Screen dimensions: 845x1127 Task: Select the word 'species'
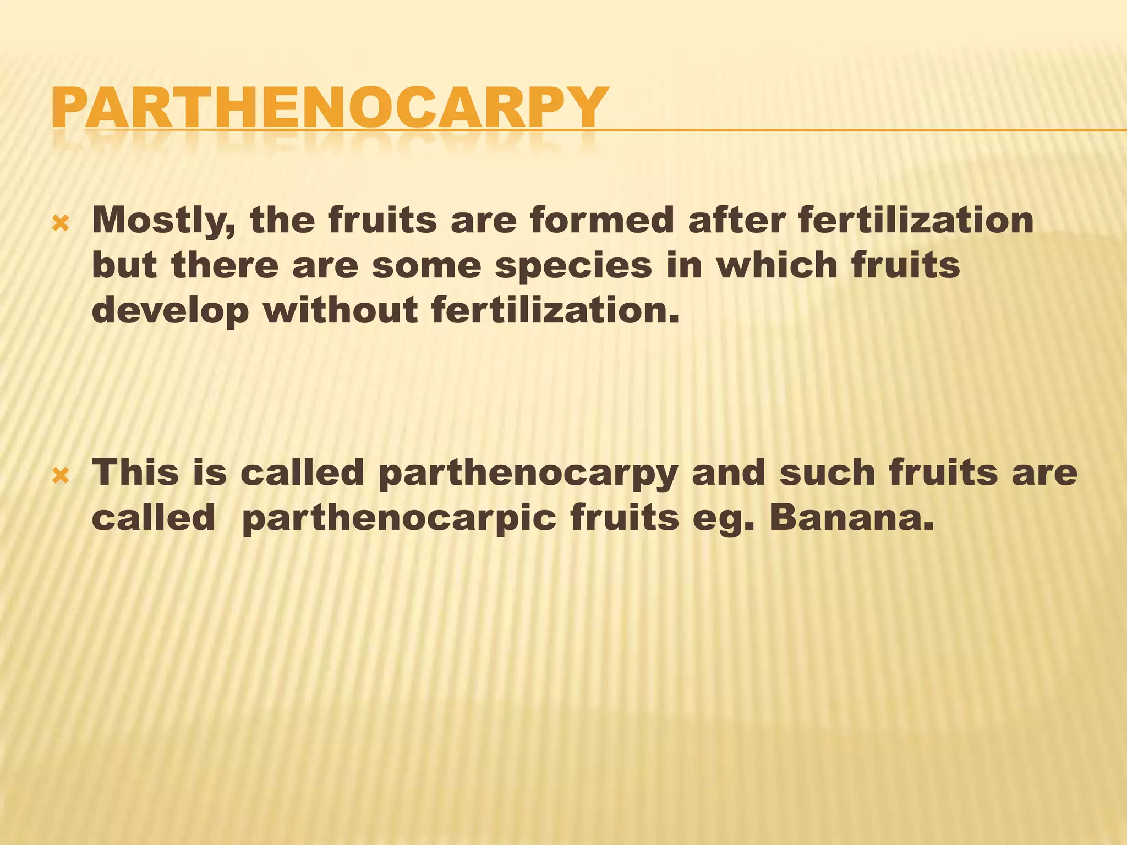click(573, 266)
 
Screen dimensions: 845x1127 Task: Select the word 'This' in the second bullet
click(135, 473)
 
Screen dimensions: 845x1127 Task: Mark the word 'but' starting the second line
click(124, 266)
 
